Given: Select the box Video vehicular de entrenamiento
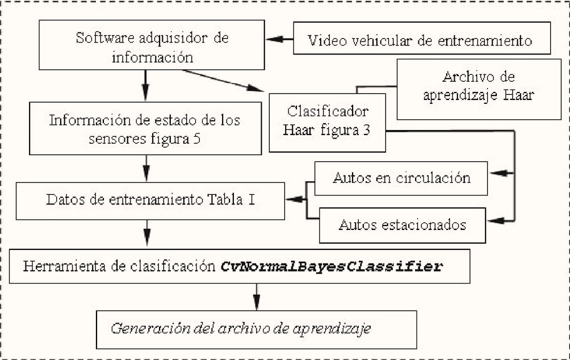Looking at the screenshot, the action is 422,38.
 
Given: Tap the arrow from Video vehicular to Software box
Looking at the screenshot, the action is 279,39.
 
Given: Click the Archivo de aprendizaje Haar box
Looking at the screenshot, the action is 479,89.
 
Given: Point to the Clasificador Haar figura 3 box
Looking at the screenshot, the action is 327,123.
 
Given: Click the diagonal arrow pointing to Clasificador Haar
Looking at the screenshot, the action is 223,81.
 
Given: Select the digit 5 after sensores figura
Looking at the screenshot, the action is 196,139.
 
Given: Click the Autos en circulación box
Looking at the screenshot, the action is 401,178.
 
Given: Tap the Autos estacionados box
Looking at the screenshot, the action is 402,225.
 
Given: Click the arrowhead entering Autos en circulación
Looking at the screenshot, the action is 500,173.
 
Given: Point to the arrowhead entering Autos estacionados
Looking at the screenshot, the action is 498,220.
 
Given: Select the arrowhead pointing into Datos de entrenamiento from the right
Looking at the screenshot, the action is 295,199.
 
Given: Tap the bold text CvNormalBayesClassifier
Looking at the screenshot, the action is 332,266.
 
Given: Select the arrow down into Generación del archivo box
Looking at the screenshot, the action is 257,297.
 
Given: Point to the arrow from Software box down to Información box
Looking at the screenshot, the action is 145,85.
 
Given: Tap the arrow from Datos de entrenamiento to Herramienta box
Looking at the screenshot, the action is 147,233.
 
